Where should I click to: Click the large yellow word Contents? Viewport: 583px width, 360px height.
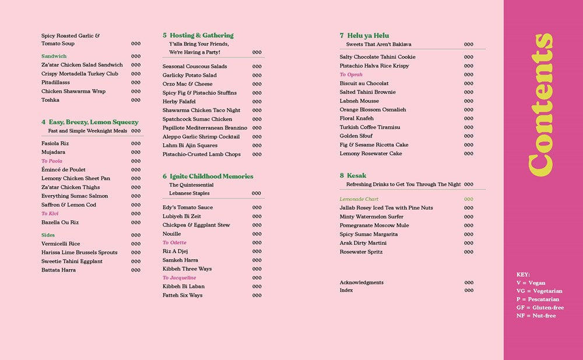click(x=540, y=105)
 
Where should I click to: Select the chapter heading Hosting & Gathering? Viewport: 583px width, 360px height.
click(x=202, y=36)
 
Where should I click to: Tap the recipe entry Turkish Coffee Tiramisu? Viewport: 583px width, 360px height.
click(x=370, y=127)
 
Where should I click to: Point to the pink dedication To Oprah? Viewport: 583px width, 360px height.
click(x=351, y=75)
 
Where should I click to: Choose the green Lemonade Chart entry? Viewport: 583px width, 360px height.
click(x=359, y=199)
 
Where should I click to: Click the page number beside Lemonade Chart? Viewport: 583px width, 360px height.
click(x=469, y=199)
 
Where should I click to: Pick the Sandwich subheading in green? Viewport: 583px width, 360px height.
click(x=54, y=57)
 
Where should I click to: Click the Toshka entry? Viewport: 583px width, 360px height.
click(x=50, y=100)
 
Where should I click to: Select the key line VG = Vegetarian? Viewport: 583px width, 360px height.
click(x=539, y=291)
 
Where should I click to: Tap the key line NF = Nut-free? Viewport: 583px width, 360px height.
click(x=536, y=316)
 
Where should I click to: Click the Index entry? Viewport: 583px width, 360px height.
click(x=346, y=290)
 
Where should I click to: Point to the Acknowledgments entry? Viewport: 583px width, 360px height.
click(x=361, y=283)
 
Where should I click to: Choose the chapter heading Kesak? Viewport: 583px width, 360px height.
click(x=356, y=175)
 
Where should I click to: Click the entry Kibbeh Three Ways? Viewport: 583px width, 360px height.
click(x=187, y=269)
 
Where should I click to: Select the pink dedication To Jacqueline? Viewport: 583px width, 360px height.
click(x=179, y=278)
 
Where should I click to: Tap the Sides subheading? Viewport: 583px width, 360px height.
click(x=48, y=235)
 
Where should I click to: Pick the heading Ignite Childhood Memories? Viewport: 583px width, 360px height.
click(x=212, y=177)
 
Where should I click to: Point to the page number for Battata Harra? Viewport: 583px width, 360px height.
click(x=136, y=270)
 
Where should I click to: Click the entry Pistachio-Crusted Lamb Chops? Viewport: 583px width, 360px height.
click(x=201, y=154)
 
